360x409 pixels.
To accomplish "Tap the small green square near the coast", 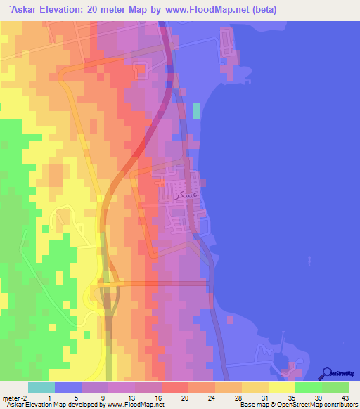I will (196, 111).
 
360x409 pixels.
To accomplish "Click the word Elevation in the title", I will (77, 10).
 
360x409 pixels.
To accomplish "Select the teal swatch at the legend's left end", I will (41, 388).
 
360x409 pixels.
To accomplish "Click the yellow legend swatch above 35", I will (281, 388).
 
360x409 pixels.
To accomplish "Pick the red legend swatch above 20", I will (174, 388).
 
